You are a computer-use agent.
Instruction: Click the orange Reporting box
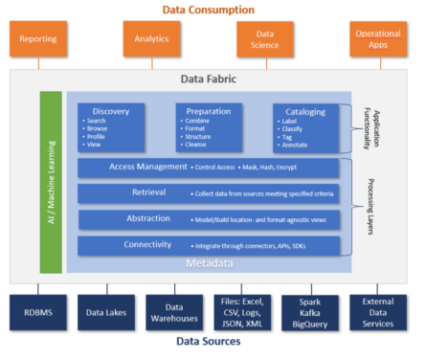tap(38, 40)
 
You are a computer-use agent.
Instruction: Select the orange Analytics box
tap(151, 40)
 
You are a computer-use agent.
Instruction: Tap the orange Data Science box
tap(265, 40)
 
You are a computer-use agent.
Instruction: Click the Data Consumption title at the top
tap(208, 9)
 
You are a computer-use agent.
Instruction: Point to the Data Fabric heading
tap(208, 79)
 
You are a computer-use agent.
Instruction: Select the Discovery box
tap(111, 126)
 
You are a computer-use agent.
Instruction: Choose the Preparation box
tap(209, 126)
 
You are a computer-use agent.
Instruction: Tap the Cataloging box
tap(305, 126)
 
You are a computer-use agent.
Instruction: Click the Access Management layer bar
tap(208, 168)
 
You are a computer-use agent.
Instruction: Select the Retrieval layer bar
tap(208, 193)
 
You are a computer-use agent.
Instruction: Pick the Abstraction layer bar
tap(208, 219)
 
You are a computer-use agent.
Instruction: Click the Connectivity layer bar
tap(208, 246)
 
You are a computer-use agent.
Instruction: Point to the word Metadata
tap(208, 262)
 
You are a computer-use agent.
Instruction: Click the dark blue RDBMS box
tap(38, 311)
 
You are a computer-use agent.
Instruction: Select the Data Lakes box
tap(106, 312)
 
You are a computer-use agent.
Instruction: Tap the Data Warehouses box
tap(173, 312)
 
